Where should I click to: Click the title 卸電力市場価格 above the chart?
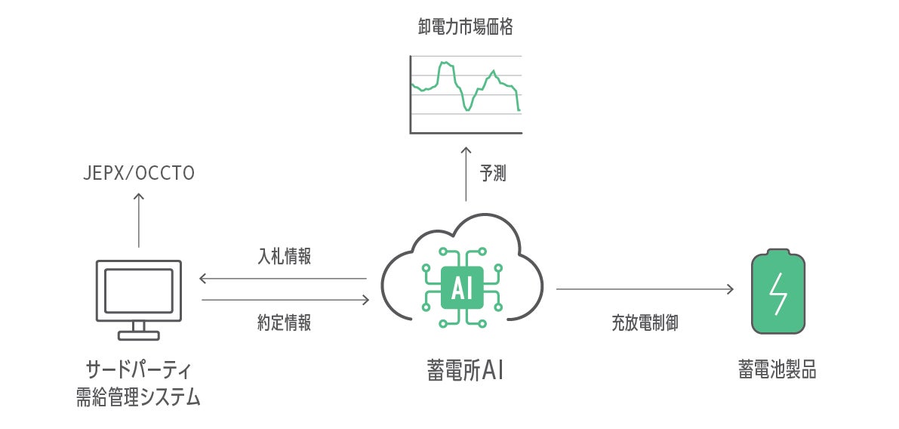point(465,28)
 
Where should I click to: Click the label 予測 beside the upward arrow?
point(493,174)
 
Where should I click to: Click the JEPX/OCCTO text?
point(139,174)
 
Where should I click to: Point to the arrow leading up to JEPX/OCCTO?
point(139,219)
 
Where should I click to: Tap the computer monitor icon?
point(139,290)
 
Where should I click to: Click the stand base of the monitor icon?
point(139,335)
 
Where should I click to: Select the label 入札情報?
point(284,257)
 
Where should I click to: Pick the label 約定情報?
point(284,323)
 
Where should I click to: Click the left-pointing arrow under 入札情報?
point(282,279)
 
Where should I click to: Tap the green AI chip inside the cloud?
point(462,288)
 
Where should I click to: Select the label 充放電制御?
point(645,323)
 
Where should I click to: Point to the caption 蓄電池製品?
point(777,371)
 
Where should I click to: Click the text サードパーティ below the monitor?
point(139,371)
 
